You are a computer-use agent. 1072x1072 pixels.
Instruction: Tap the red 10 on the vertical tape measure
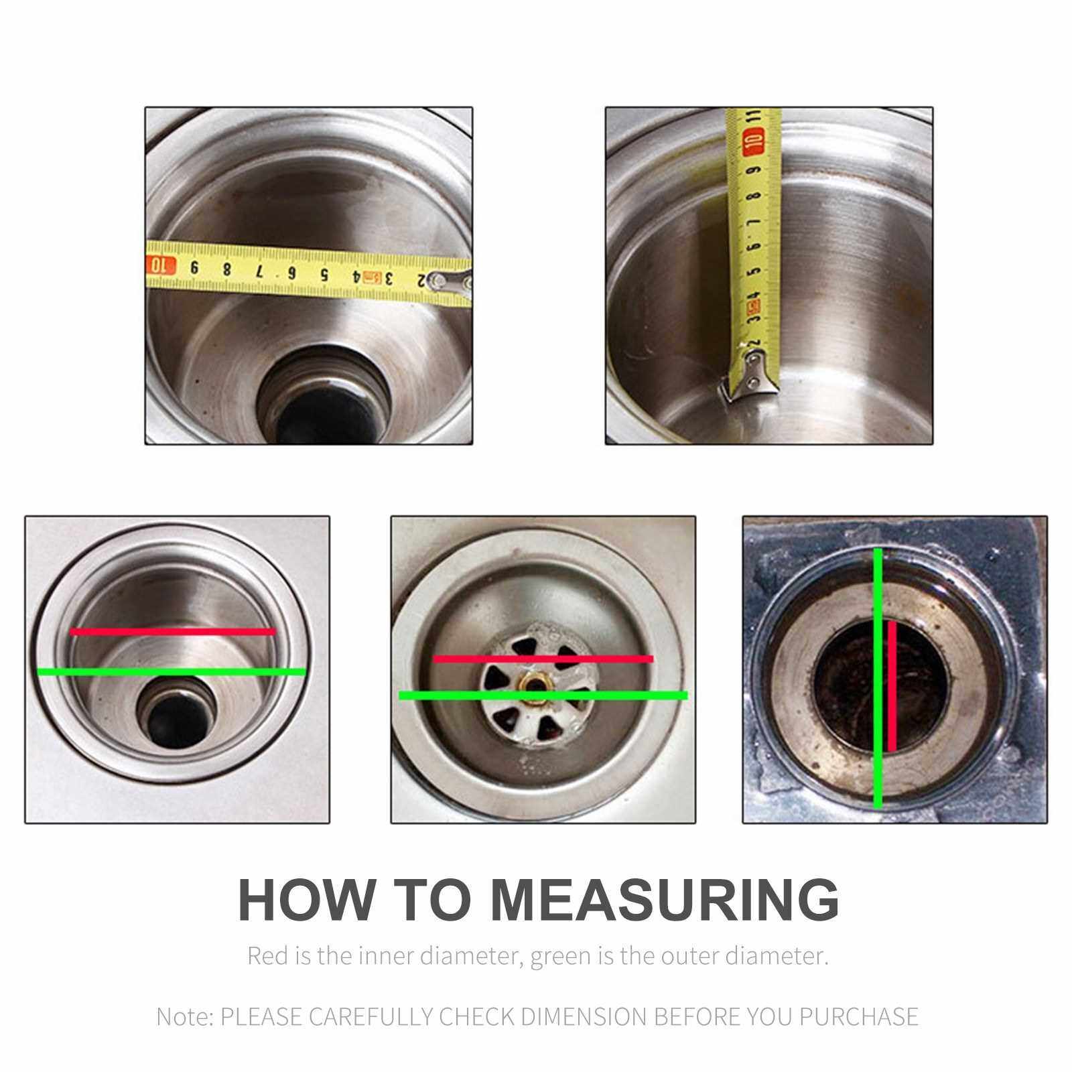click(x=755, y=141)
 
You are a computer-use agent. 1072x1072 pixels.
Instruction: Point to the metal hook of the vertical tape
click(x=750, y=377)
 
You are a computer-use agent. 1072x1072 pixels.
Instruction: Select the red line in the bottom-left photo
click(x=173, y=631)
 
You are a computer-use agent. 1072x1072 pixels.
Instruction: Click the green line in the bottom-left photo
click(x=172, y=671)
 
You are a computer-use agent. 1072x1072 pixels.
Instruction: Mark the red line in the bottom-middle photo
click(x=543, y=659)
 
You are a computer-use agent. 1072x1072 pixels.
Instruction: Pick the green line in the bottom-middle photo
click(x=543, y=695)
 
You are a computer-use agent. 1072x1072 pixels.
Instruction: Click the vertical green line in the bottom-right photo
click(x=878, y=678)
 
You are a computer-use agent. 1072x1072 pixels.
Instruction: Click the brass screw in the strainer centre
click(x=534, y=685)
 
